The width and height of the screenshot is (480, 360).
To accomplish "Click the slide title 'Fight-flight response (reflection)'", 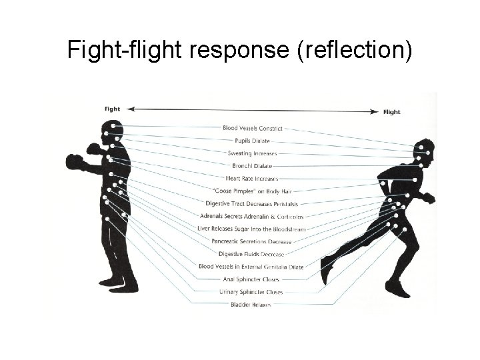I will pos(240,51).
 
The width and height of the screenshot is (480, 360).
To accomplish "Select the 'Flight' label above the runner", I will pos(392,112).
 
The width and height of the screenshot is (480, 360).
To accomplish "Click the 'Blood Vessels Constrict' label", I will pos(253,128).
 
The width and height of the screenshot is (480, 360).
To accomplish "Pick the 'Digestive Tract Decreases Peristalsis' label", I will pos(252,203).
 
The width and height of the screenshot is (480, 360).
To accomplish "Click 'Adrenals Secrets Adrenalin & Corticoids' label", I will pos(252,215).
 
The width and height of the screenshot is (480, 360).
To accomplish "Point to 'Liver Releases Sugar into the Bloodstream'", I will pos(252,228).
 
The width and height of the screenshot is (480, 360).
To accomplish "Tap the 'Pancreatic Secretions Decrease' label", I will pos(252,241).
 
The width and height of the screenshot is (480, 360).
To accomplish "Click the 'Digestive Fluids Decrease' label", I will pos(252,253).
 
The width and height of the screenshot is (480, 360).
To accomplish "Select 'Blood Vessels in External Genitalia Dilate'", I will pos(252,266).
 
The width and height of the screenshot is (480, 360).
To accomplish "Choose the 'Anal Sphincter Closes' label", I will pos(252,279).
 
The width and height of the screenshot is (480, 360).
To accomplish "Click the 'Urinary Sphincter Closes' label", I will pos(252,291).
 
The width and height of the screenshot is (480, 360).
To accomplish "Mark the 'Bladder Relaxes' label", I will pos(252,304).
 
